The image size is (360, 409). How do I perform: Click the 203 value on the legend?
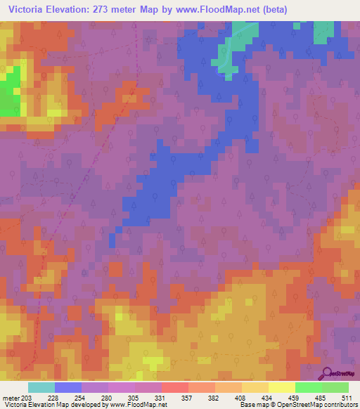27,397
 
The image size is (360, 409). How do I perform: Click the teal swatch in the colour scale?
41,387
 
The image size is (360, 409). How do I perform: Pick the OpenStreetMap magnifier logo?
328,373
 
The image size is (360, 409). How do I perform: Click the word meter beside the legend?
11,397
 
